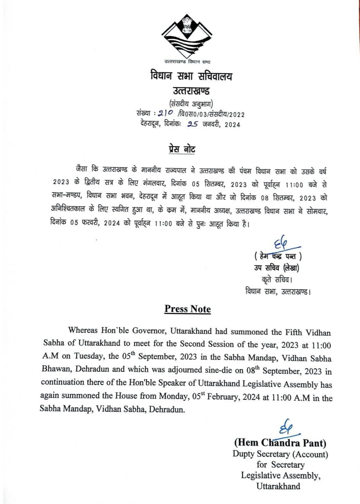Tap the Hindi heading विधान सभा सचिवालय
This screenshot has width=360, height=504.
pyautogui.click(x=191, y=76)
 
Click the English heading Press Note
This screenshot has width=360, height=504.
pyautogui.click(x=187, y=309)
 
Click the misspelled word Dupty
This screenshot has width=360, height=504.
pyautogui.click(x=245, y=454)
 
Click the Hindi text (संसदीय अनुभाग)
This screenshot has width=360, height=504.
pyautogui.click(x=191, y=103)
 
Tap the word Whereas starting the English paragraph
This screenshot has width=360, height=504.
pyautogui.click(x=82, y=331)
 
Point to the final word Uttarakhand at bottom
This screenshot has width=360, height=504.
pyautogui.click(x=278, y=486)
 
